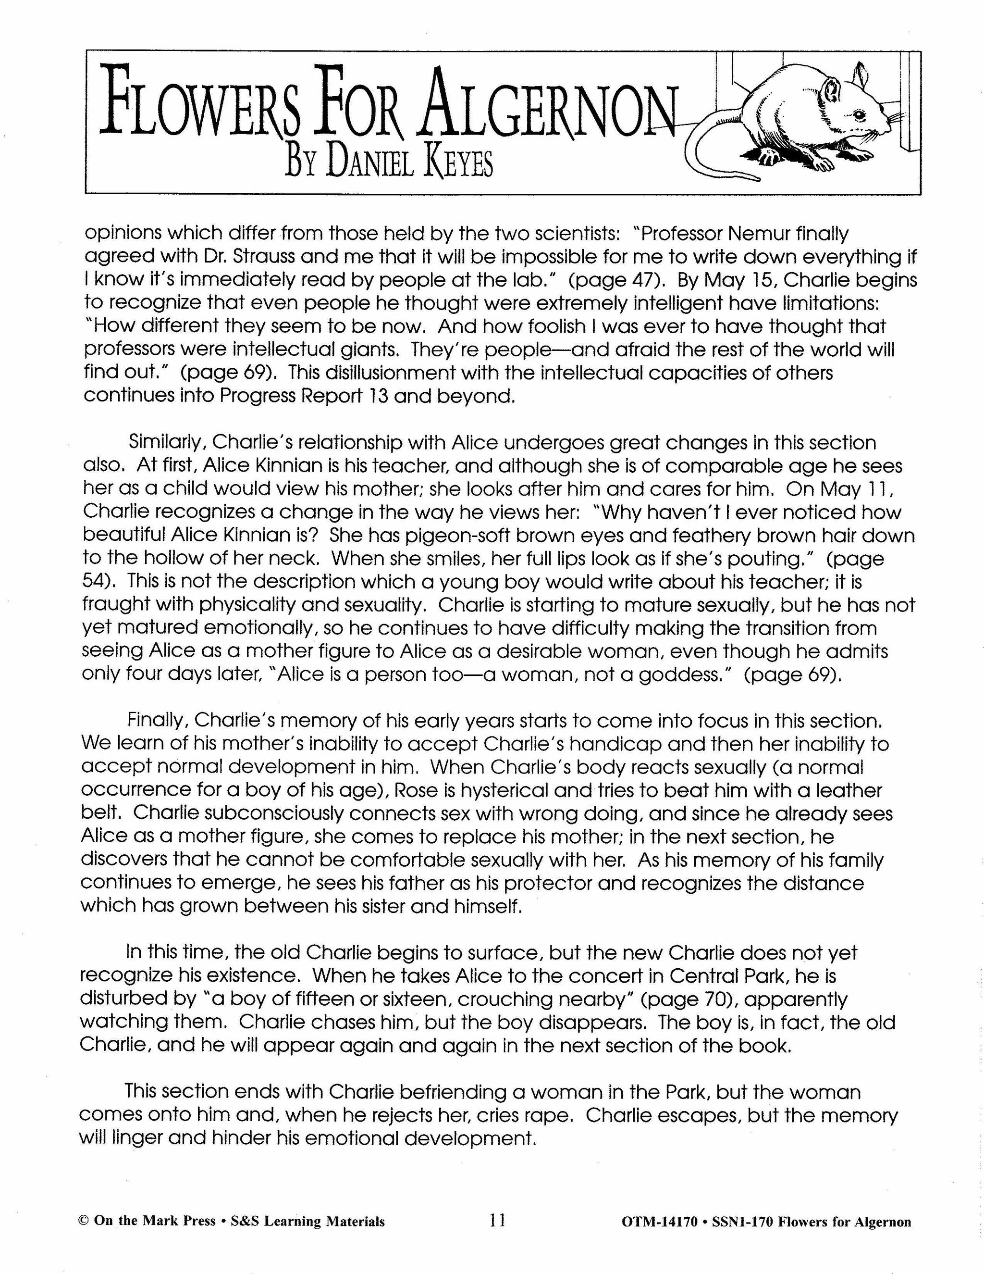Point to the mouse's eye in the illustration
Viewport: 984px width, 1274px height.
tap(857, 112)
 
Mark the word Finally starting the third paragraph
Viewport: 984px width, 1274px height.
tap(158, 721)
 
